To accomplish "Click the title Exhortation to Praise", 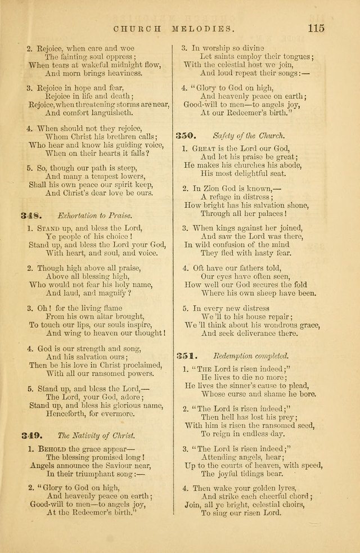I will (x=94, y=216).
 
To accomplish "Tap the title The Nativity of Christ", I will (x=96, y=435).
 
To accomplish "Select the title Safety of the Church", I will (x=249, y=136).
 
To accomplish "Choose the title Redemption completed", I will (x=251, y=356).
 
